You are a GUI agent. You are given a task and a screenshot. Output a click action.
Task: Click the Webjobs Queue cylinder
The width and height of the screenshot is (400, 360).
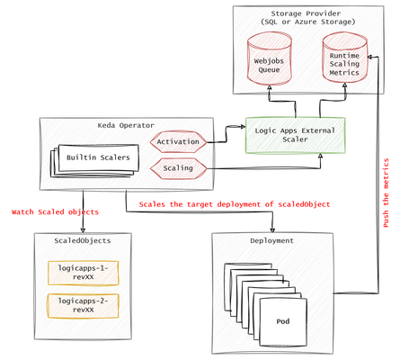270,58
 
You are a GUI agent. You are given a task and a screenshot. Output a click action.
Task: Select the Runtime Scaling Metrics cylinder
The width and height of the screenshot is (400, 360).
345,58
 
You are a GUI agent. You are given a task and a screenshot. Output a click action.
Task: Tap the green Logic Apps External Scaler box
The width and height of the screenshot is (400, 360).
295,135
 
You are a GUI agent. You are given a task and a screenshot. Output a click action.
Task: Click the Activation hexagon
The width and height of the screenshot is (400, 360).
178,141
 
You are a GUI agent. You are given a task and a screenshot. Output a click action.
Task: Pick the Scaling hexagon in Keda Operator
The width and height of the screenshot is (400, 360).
178,168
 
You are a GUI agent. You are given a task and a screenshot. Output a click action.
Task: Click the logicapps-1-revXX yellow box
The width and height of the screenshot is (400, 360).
83,273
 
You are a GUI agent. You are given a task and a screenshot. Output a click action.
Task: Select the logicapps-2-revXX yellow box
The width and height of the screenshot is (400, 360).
83,305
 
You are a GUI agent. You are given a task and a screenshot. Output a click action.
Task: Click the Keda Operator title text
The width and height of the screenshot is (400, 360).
126,125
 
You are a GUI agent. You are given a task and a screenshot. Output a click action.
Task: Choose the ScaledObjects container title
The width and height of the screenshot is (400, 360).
83,240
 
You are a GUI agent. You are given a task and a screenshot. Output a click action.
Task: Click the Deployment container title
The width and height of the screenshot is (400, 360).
272,240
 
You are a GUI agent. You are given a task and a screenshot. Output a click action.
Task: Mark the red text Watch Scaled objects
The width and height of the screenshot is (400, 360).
55,212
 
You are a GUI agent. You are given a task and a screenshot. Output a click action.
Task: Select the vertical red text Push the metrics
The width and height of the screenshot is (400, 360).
386,193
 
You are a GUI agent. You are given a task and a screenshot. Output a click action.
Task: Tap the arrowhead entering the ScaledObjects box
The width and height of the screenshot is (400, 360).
83,230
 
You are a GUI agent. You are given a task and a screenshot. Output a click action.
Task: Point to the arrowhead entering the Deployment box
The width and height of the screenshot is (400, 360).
272,230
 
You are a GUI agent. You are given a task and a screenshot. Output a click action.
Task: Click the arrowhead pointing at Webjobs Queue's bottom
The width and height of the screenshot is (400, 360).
269,87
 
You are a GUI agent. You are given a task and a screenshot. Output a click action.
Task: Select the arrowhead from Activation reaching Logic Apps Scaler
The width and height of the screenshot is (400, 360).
242,127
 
